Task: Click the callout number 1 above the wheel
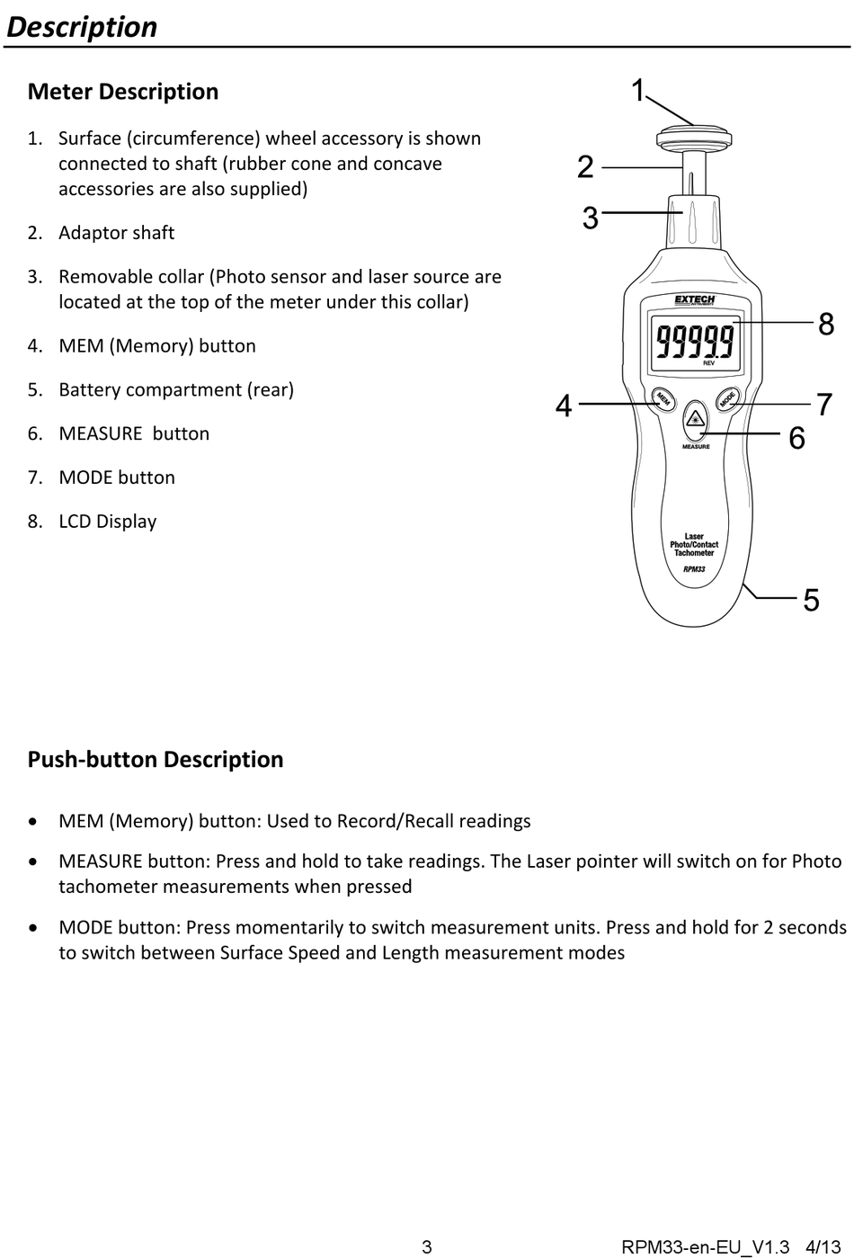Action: (638, 90)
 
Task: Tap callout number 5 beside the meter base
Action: (812, 600)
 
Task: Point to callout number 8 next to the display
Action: (826, 324)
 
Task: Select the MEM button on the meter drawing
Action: (663, 399)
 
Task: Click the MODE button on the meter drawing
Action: (727, 399)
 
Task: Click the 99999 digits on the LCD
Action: (695, 341)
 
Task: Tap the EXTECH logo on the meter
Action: (695, 300)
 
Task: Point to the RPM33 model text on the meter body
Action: (694, 569)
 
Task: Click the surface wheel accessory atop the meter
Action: (694, 138)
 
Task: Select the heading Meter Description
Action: (123, 92)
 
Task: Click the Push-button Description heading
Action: (156, 759)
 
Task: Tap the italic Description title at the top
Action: (82, 28)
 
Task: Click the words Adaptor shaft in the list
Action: (116, 233)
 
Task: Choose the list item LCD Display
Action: (107, 522)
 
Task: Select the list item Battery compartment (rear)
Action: (176, 389)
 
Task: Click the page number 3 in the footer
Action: (427, 1247)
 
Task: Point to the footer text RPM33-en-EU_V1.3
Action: (705, 1247)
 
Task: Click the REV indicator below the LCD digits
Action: (708, 363)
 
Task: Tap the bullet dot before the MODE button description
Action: (33, 928)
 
